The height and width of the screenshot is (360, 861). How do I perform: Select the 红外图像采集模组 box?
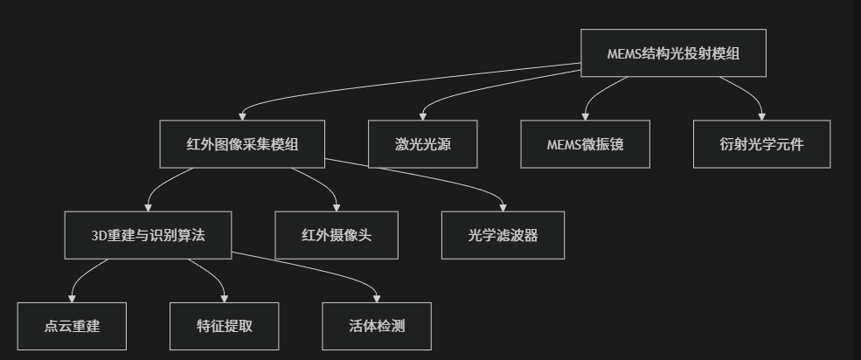[x=242, y=144]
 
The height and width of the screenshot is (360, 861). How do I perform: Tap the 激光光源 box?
[x=423, y=144]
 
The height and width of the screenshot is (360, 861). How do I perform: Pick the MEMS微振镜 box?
[x=585, y=144]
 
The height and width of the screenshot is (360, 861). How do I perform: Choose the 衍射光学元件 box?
[x=761, y=144]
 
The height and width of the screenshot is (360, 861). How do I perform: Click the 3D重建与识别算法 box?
[x=148, y=235]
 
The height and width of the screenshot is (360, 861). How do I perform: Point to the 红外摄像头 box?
[x=337, y=235]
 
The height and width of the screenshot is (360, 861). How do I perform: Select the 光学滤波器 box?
[x=503, y=235]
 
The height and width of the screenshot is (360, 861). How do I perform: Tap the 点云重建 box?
[x=72, y=326]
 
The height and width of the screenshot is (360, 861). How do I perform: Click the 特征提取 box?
[x=225, y=326]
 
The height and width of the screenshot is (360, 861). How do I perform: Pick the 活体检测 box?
[x=377, y=326]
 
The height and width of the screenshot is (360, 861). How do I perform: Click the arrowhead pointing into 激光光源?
[x=423, y=117]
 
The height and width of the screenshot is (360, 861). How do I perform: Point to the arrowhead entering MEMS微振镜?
[x=585, y=117]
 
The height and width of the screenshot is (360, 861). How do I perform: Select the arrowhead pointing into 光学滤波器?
[x=503, y=208]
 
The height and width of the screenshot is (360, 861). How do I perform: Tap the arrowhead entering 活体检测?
[x=377, y=299]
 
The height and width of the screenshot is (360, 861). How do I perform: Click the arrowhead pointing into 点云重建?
[x=72, y=299]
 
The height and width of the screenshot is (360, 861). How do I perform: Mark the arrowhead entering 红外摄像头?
[x=337, y=208]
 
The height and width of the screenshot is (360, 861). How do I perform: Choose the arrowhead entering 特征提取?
[x=225, y=299]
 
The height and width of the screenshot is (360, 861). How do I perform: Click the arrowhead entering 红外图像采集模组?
[x=242, y=117]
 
